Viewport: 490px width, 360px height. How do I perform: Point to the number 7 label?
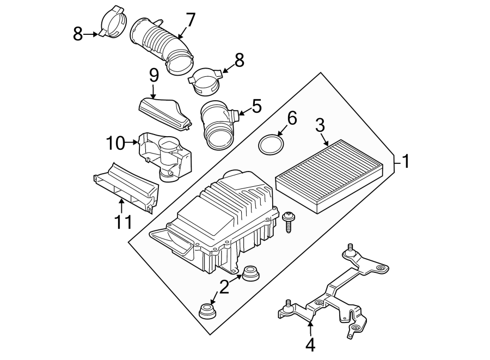tap(190, 20)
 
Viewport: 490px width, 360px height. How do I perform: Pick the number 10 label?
tap(115, 144)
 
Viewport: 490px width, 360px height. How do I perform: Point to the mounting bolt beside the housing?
tap(289, 221)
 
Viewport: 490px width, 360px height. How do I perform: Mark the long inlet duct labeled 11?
tap(126, 187)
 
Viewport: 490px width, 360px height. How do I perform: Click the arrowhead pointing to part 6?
tap(279, 134)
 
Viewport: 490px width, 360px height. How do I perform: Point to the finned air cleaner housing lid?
tap(229, 207)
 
